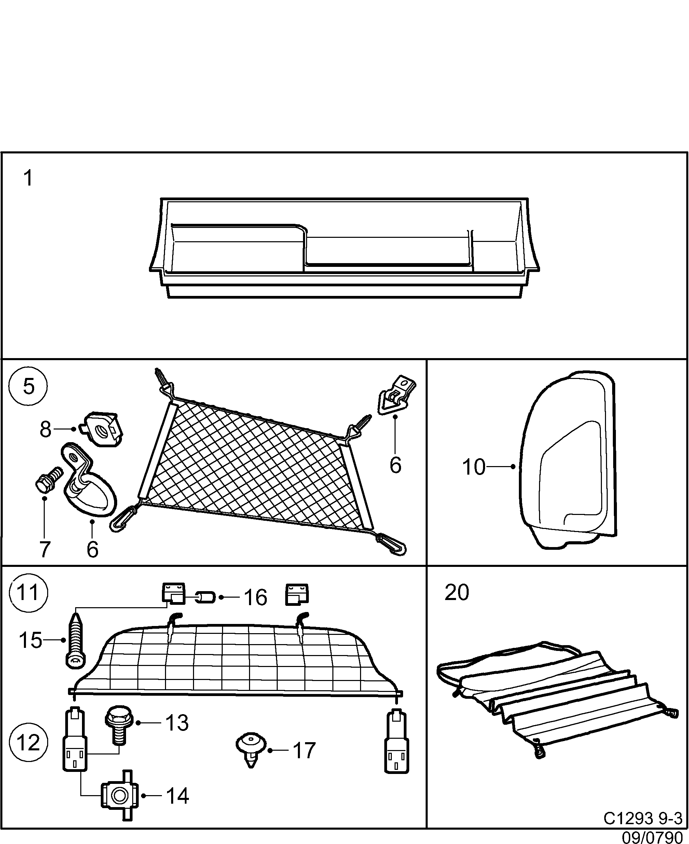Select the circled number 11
pos(29,594)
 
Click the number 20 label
pos(456,593)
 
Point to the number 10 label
pos(473,467)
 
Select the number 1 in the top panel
pos(28,178)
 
